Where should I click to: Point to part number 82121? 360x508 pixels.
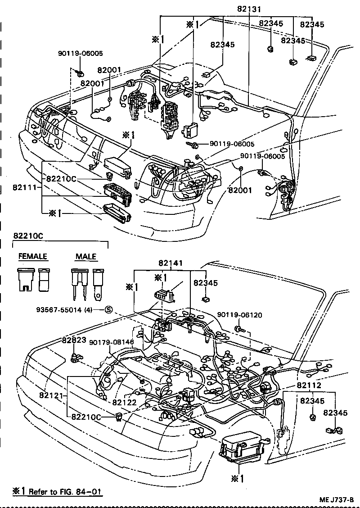pos(50,395)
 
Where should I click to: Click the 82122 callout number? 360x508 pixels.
pos(124,402)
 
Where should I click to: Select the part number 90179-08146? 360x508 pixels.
pos(111,342)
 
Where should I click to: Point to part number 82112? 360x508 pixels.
pos(309,386)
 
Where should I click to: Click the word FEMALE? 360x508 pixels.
pos(33,257)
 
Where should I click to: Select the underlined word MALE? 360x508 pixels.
pos(85,257)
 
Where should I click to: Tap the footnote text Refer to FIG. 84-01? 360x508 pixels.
pos(66,491)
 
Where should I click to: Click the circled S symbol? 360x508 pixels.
pos(108,309)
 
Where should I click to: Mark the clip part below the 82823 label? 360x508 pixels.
pos(75,358)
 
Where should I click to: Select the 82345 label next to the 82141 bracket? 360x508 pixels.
pos(206,283)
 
